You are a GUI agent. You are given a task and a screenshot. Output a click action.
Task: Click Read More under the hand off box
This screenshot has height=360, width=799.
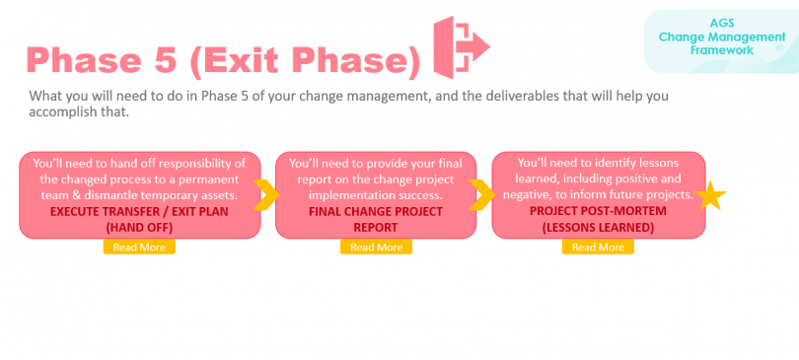[x=139, y=247]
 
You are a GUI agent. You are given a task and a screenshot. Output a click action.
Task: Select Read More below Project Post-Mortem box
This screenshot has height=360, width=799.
[x=598, y=247]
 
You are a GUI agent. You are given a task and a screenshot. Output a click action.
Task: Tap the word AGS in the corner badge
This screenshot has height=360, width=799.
[x=721, y=21]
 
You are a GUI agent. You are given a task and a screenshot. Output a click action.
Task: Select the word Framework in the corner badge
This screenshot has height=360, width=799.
[x=721, y=49]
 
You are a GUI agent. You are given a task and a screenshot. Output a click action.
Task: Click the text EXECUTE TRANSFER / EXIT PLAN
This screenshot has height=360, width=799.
[x=139, y=211]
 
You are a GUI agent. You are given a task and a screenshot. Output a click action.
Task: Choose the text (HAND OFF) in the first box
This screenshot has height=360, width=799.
[x=139, y=227]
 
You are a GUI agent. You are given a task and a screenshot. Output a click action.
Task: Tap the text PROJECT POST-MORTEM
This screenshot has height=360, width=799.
[x=598, y=211]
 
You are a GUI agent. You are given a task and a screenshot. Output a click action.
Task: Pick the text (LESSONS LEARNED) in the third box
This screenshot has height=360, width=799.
[x=598, y=227]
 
